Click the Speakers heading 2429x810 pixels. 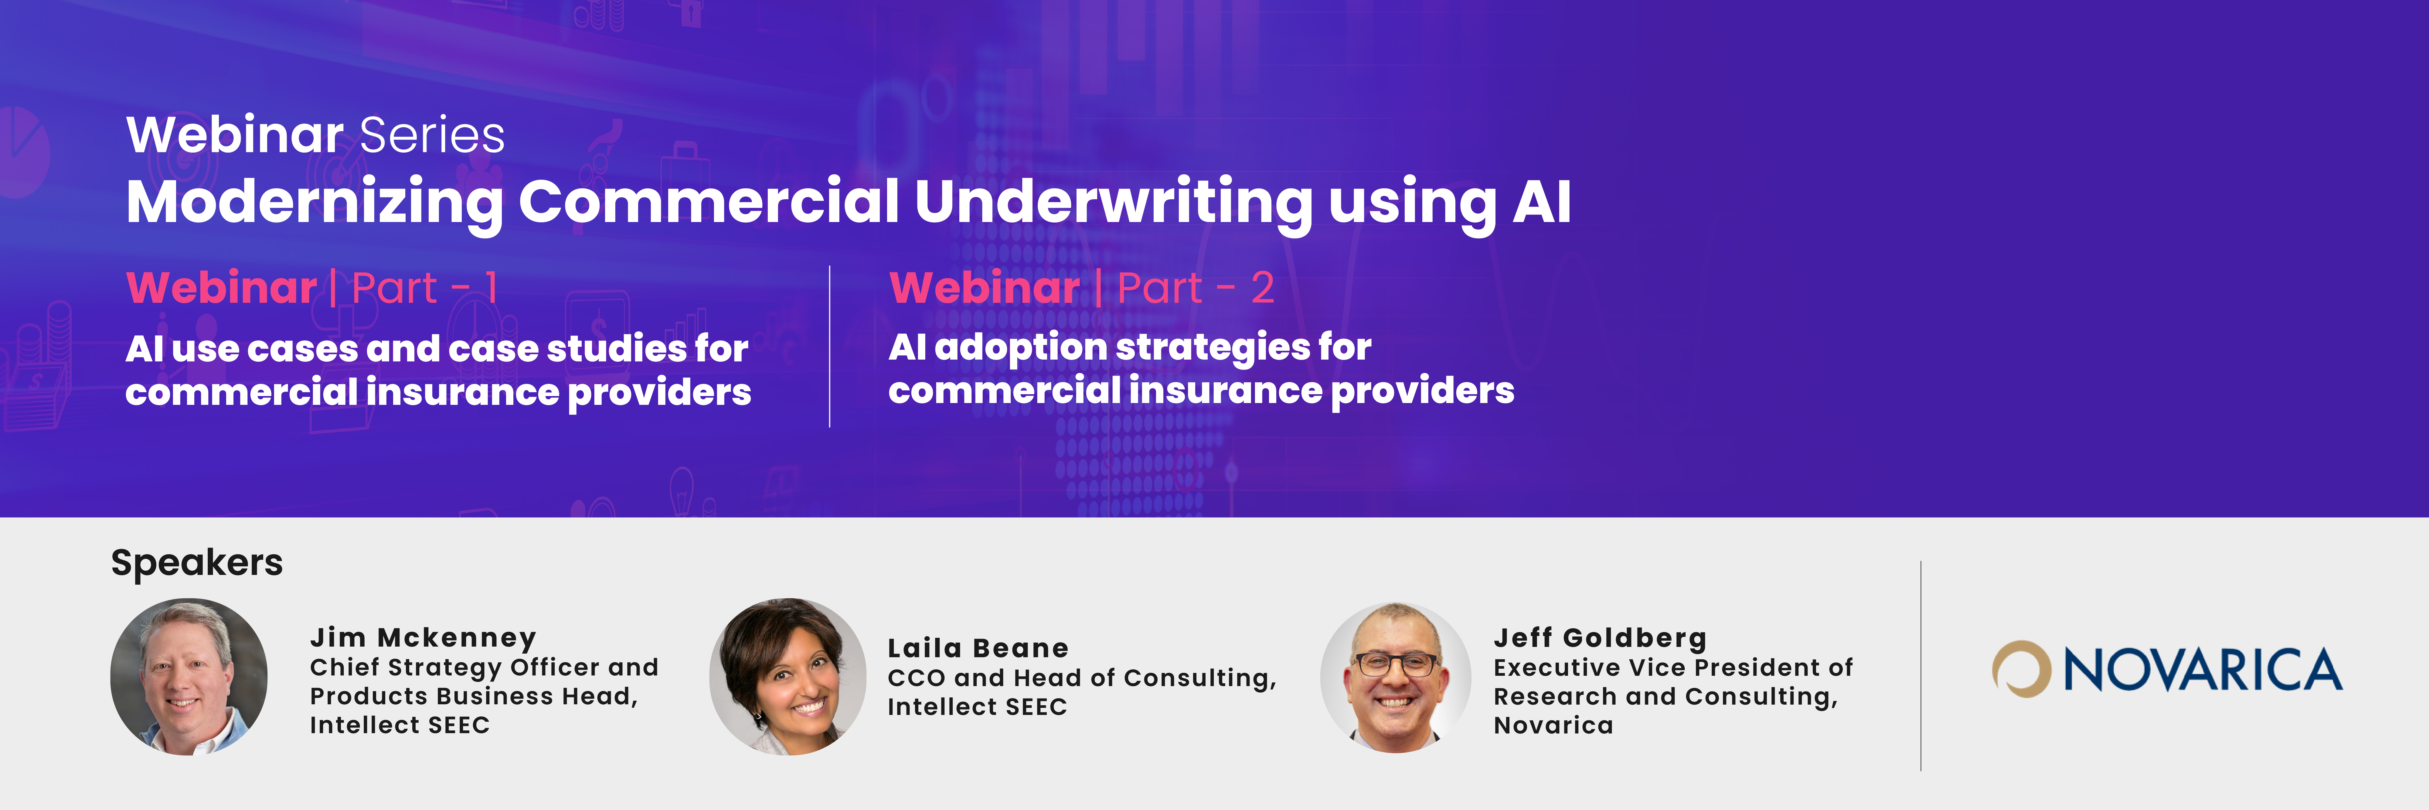pyautogui.click(x=197, y=563)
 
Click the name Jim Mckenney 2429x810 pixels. pyautogui.click(x=424, y=638)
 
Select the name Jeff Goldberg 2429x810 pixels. pyautogui.click(x=1600, y=638)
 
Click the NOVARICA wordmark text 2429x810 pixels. pyautogui.click(x=2203, y=669)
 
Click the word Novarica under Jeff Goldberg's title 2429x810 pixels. pyautogui.click(x=1553, y=725)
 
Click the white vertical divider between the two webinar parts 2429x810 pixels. pyautogui.click(x=830, y=346)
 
